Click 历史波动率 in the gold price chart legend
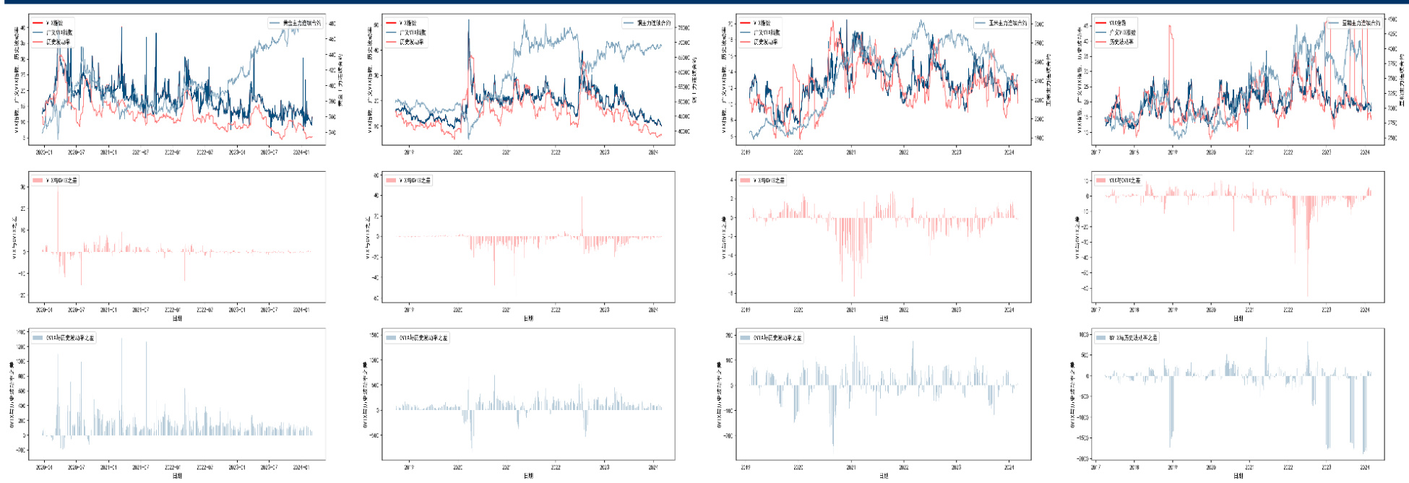(x=59, y=42)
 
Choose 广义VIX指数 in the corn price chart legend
(x=767, y=32)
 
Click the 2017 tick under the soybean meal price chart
(x=1095, y=152)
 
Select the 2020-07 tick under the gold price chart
(x=76, y=152)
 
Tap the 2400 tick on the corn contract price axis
(x=1039, y=81)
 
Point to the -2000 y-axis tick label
(x=1082, y=458)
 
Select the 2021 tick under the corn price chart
(x=851, y=152)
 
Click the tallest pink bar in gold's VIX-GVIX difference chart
(x=58, y=189)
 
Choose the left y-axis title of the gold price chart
(x=16, y=79)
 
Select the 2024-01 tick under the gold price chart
(x=301, y=152)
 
